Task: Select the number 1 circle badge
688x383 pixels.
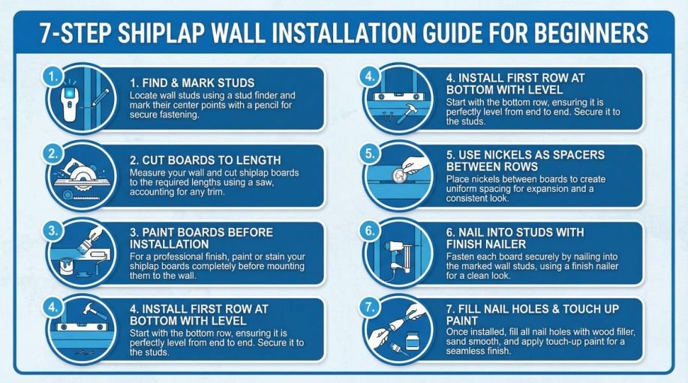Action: pyautogui.click(x=51, y=76)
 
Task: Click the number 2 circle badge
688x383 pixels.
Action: pyautogui.click(x=51, y=153)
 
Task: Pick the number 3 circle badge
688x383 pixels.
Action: pyautogui.click(x=51, y=231)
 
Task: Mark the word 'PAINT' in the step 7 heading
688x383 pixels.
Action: pyautogui.click(x=462, y=320)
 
